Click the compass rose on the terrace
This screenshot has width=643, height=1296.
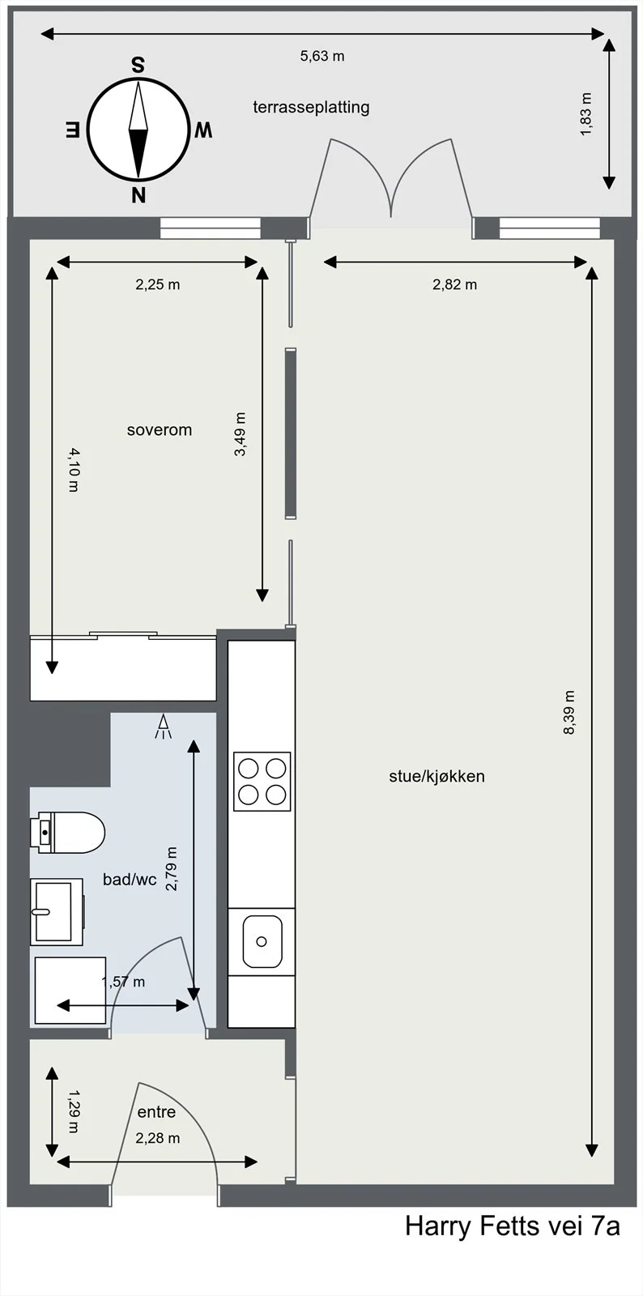(x=138, y=130)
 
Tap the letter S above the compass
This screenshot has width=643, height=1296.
(x=138, y=66)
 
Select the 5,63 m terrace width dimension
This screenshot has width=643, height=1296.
(x=322, y=56)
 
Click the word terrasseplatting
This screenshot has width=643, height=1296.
(x=311, y=107)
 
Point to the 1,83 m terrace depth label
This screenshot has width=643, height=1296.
(x=586, y=114)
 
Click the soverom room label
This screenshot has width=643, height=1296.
(x=159, y=430)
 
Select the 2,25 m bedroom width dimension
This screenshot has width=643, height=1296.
(x=158, y=284)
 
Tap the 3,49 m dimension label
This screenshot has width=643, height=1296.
(x=240, y=434)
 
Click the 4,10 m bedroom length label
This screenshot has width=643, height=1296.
(x=74, y=470)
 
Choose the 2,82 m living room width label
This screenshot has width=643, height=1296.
(x=455, y=284)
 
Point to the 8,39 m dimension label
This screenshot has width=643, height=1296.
(x=569, y=712)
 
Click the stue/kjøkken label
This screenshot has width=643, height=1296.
(x=436, y=777)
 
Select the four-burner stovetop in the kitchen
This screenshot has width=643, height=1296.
(x=262, y=781)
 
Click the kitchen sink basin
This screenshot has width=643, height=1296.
(x=262, y=941)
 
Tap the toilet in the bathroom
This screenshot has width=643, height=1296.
(x=68, y=833)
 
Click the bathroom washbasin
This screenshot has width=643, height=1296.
(x=56, y=912)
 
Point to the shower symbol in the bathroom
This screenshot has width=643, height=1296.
(x=163, y=727)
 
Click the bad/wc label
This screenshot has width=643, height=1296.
(x=130, y=880)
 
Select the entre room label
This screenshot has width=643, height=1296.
(x=156, y=1112)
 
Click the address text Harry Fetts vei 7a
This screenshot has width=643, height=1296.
(x=513, y=1226)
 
